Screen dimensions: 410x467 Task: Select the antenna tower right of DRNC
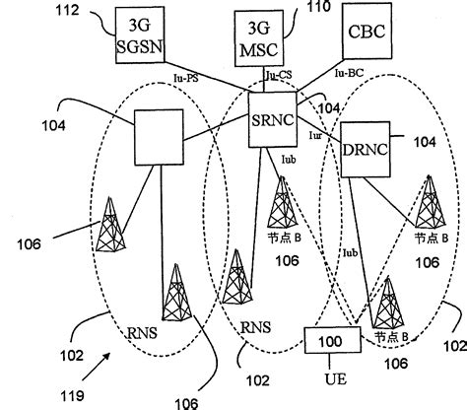(430, 203)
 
